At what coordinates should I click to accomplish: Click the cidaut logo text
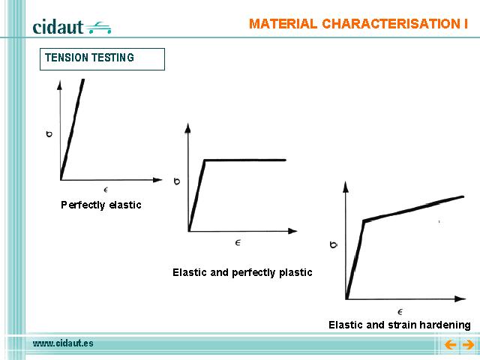point(58,27)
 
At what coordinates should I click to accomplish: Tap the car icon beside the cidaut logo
point(98,28)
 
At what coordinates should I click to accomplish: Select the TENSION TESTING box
point(102,59)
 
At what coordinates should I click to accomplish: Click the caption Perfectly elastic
point(101,205)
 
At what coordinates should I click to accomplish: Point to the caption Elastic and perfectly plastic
point(242,272)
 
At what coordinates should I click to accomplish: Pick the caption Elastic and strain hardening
point(400,325)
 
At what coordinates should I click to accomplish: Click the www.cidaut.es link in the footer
point(63,343)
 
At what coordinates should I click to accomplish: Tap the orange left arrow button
point(450,345)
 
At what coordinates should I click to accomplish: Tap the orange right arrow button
point(468,345)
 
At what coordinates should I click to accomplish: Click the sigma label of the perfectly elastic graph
point(49,133)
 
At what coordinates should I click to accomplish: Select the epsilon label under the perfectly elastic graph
point(106,190)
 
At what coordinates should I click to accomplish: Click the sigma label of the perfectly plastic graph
point(177,181)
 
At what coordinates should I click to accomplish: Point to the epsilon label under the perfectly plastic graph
point(238,243)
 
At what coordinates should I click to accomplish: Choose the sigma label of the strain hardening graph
point(334,244)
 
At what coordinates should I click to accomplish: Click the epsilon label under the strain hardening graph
point(400,312)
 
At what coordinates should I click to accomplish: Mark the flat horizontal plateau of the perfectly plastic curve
point(245,160)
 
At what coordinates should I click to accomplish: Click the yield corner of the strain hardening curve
point(364,220)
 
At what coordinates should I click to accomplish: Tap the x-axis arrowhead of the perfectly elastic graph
point(157,180)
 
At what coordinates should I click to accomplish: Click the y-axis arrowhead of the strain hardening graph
point(346,187)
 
